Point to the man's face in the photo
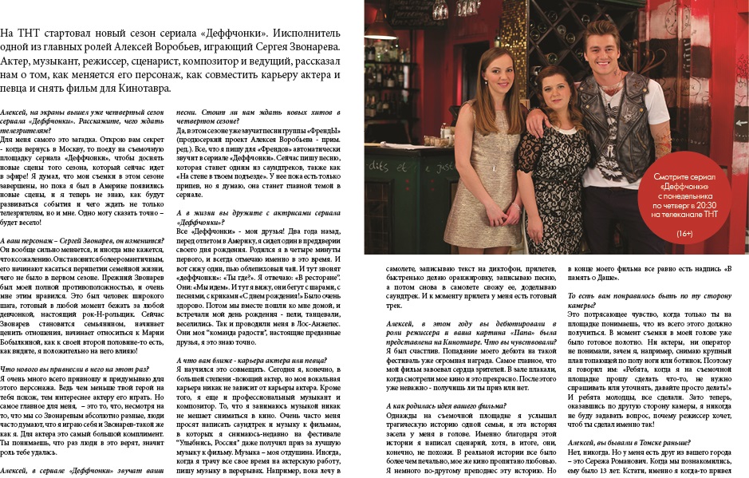click(609, 55)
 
